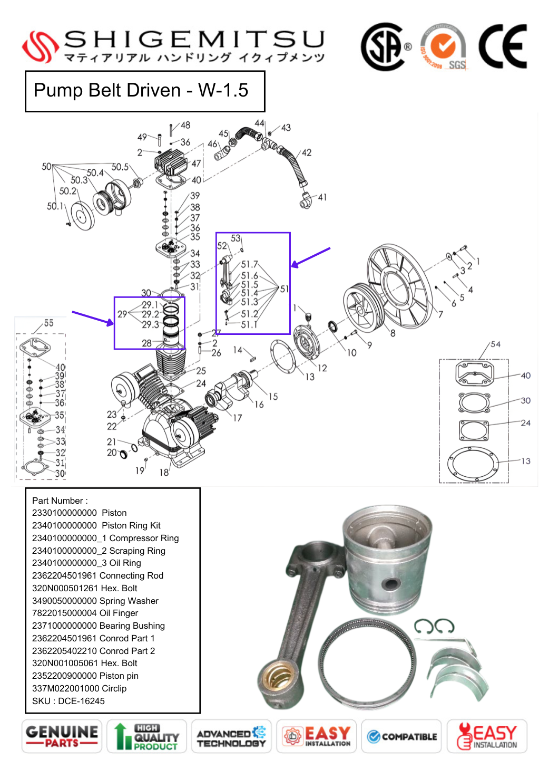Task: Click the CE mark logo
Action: [x=502, y=46]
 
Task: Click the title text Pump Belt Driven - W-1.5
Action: [x=141, y=90]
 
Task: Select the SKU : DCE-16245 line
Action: [x=68, y=701]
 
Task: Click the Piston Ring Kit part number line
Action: [x=96, y=525]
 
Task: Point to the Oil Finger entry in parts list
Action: [x=85, y=613]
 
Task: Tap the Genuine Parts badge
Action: [x=62, y=736]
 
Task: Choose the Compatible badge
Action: [x=401, y=736]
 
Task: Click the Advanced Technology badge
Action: [x=231, y=736]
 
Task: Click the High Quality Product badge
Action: [x=146, y=736]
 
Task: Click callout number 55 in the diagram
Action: [x=48, y=323]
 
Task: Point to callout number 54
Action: [x=495, y=344]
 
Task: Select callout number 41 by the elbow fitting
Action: [x=322, y=197]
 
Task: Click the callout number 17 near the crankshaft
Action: [x=238, y=418]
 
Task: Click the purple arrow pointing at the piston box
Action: [x=92, y=318]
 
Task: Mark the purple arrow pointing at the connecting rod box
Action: [x=311, y=257]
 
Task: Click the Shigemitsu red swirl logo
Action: [x=40, y=46]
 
